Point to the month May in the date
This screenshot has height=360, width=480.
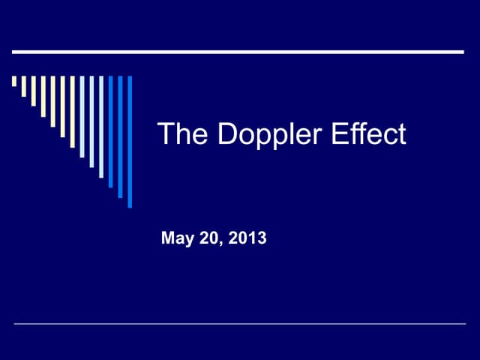(177, 239)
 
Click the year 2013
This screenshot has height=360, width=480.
(248, 238)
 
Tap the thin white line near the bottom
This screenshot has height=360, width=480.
(240, 324)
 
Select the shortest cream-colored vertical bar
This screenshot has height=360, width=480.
(14, 81)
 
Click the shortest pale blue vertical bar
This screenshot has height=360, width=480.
(82, 116)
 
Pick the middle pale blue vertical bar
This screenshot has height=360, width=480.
(91, 121)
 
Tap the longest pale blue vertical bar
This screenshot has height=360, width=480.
(101, 126)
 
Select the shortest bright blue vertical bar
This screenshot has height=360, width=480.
(111, 131)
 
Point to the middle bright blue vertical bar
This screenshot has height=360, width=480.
(120, 136)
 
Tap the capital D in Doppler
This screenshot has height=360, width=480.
(226, 133)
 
